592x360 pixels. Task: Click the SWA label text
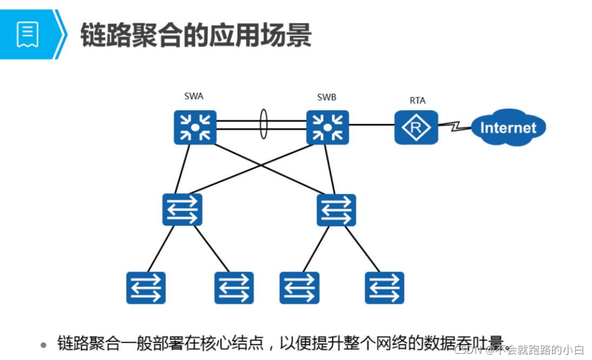(194, 96)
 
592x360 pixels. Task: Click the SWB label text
(326, 97)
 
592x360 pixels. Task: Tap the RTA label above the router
(417, 101)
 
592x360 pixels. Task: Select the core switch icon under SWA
(195, 127)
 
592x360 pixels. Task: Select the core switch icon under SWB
(327, 127)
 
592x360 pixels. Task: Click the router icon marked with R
(416, 127)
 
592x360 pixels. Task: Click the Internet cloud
(508, 127)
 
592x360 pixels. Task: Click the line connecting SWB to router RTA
(371, 125)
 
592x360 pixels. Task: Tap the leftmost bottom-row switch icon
(146, 288)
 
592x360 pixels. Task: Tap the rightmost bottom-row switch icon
(384, 288)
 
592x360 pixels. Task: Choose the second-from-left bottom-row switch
(234, 288)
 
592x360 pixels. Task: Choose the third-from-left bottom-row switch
(299, 288)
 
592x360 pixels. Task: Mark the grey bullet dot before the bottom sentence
(43, 344)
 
